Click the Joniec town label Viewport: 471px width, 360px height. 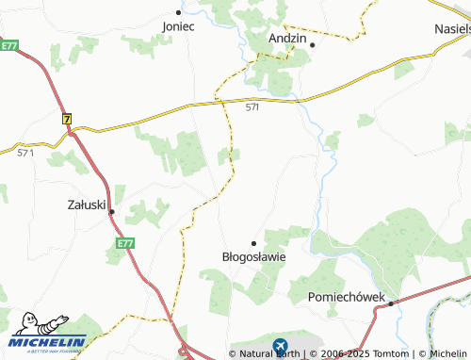point(178,26)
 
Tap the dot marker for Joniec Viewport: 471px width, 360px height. point(178,13)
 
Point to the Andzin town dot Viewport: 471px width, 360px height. point(312,44)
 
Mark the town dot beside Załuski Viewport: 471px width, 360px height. point(111,212)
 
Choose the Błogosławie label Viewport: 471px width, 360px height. point(253,255)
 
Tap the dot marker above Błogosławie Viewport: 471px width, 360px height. point(253,242)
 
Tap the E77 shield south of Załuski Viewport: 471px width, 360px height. point(125,243)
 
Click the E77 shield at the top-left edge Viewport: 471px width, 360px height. point(9,44)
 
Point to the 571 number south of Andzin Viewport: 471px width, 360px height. point(252,108)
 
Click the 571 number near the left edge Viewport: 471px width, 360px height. point(25,152)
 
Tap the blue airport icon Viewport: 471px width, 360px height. point(280,347)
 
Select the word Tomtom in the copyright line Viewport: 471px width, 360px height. point(390,353)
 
